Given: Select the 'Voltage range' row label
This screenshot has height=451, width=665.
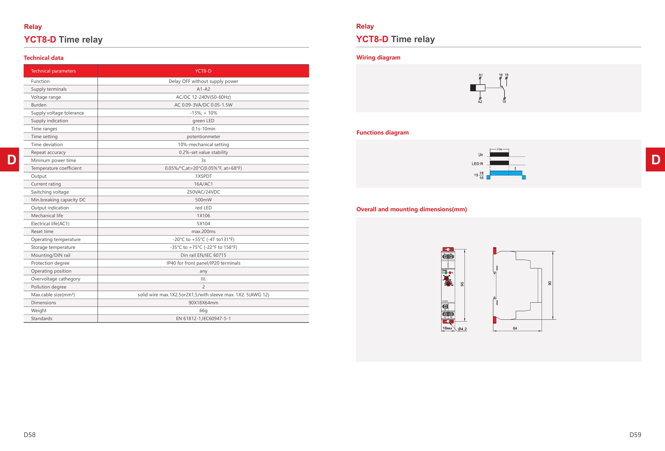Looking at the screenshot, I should [46, 97].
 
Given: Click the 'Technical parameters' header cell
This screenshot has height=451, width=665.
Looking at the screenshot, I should [53, 71].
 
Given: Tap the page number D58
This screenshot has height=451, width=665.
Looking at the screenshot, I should [30, 435].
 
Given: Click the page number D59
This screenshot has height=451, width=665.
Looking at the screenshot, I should [635, 435].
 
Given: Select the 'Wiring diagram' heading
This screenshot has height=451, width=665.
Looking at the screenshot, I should [378, 57].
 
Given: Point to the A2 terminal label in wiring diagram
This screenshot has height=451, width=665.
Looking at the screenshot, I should [480, 102].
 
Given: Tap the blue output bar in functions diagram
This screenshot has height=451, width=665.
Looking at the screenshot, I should [506, 173].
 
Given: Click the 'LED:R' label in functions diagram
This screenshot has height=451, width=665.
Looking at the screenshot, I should [477, 164].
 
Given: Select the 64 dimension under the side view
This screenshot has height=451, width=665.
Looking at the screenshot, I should [515, 328].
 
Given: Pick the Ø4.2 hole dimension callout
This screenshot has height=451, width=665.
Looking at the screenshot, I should [462, 329].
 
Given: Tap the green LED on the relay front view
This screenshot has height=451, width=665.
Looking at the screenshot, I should [446, 272].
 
